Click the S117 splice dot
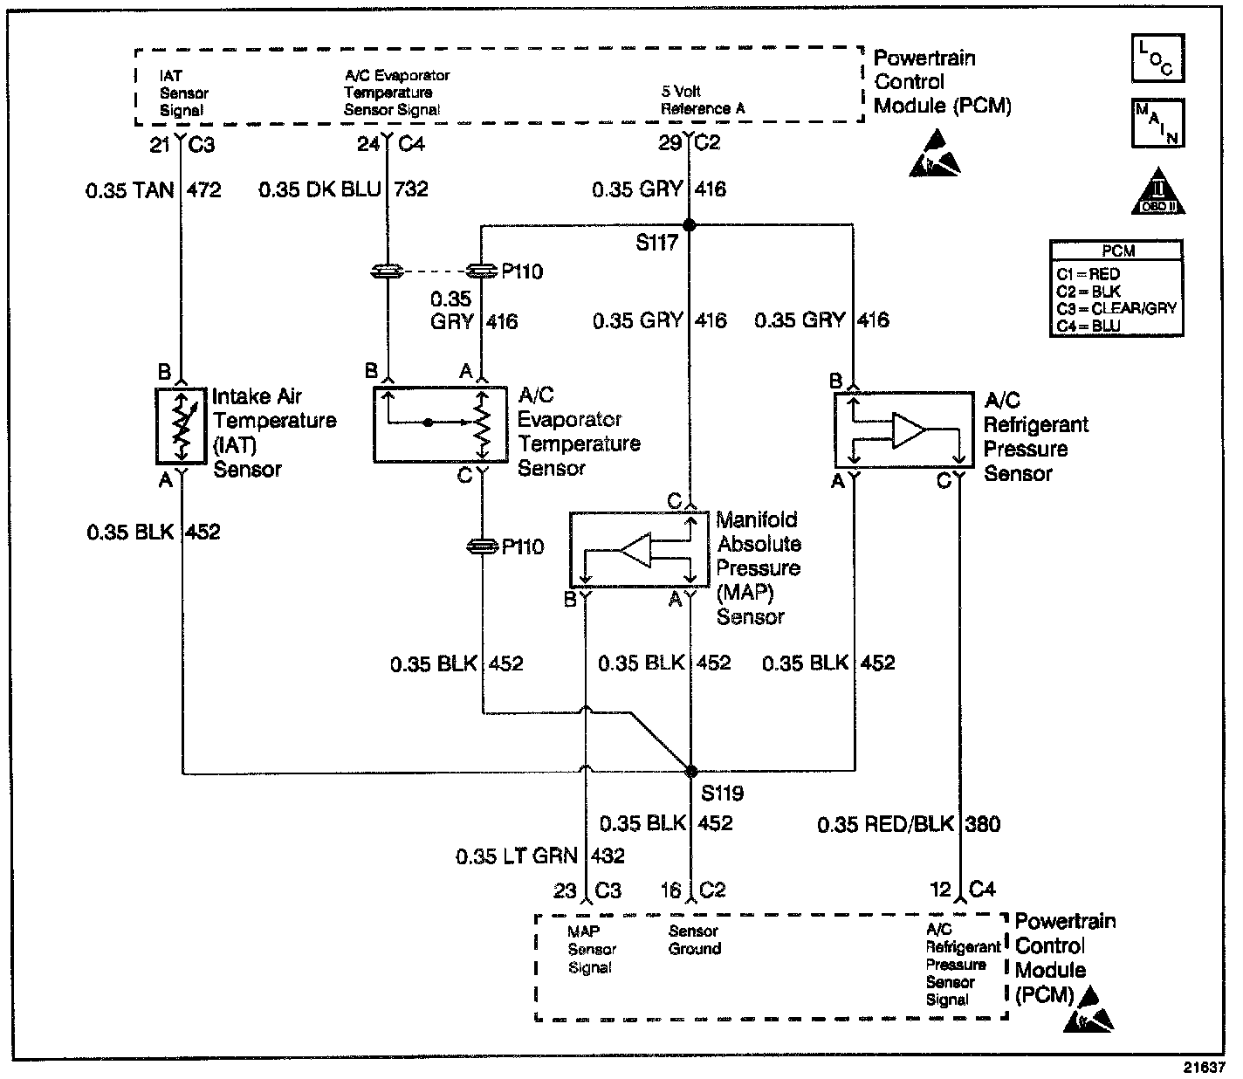pos(690,225)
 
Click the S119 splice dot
pos(691,772)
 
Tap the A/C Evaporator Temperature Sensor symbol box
pos(441,424)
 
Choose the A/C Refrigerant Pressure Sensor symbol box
pos(903,430)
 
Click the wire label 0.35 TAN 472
pos(154,189)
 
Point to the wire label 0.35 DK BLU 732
pos(343,189)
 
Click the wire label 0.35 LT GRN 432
pos(539,856)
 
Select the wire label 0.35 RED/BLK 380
pos(909,824)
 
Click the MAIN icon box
pos(1157,124)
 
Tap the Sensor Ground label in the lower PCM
pos(695,940)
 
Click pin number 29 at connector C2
pos(670,143)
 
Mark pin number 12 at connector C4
pos(940,890)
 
